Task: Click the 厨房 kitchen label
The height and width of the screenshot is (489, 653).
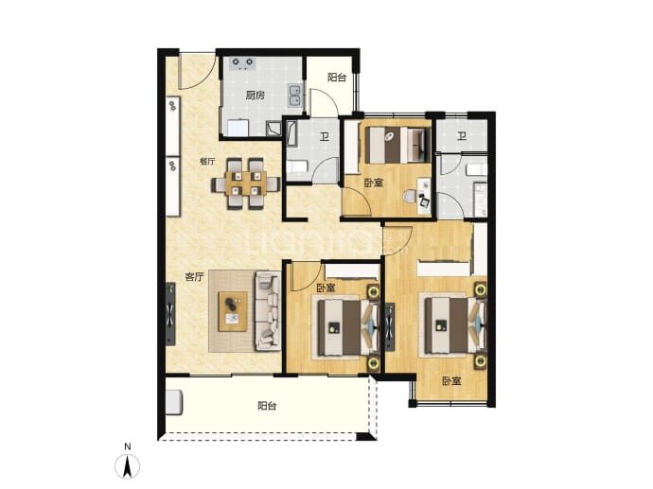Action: pyautogui.click(x=255, y=96)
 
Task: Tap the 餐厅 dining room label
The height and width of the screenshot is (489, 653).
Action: pyautogui.click(x=207, y=162)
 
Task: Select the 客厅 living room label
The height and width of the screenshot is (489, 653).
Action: pyautogui.click(x=195, y=277)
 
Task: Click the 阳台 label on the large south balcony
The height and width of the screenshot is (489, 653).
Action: pyautogui.click(x=267, y=406)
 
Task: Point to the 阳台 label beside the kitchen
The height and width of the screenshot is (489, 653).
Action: pyautogui.click(x=337, y=78)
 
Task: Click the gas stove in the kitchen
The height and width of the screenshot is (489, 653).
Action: pyautogui.click(x=243, y=62)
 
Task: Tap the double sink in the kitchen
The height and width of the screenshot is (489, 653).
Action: pyautogui.click(x=295, y=96)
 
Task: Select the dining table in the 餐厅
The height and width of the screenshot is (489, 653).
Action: pyautogui.click(x=246, y=183)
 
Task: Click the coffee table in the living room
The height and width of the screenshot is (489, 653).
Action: pyautogui.click(x=233, y=311)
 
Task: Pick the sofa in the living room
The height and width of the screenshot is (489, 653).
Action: pyautogui.click(x=268, y=310)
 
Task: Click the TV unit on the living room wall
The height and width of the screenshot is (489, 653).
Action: pyautogui.click(x=170, y=314)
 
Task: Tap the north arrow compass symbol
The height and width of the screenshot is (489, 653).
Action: pyautogui.click(x=128, y=466)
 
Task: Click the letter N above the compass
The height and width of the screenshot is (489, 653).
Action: pyautogui.click(x=128, y=446)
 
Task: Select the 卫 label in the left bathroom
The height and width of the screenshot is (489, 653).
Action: pyautogui.click(x=325, y=136)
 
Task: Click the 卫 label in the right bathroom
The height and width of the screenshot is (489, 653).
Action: pyautogui.click(x=462, y=136)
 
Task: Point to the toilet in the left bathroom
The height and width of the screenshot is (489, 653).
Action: pyautogui.click(x=296, y=167)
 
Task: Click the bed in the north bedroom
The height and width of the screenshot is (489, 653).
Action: pyautogui.click(x=397, y=145)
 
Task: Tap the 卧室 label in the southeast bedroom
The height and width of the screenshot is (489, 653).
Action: pyautogui.click(x=451, y=381)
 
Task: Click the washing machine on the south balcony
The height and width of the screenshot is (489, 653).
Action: pyautogui.click(x=174, y=402)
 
